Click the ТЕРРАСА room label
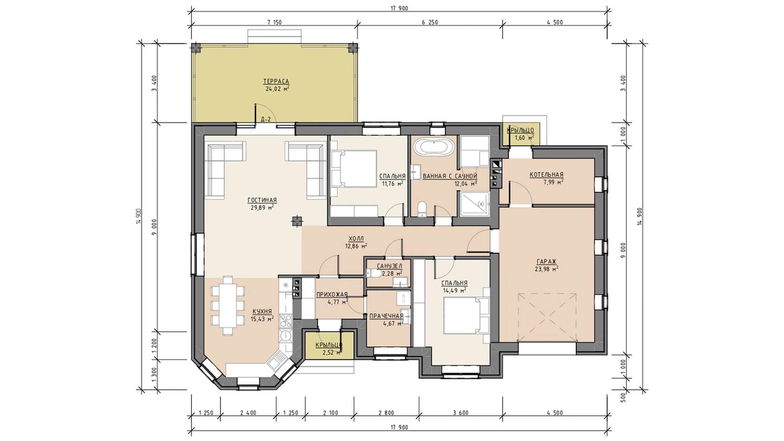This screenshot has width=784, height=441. click(276, 81)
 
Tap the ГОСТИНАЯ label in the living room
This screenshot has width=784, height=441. click(262, 200)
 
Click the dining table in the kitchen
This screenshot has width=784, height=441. click(228, 305)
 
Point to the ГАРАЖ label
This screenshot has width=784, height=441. click(547, 261)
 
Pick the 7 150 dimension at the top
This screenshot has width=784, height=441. click(274, 22)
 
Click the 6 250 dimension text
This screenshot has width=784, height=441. click(430, 22)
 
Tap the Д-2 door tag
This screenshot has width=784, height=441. click(266, 120)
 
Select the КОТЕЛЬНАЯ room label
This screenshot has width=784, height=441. click(546, 175)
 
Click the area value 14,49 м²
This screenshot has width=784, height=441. click(455, 290)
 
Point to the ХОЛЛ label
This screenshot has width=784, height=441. click(356, 239)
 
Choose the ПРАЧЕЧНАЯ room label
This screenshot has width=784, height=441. click(387, 316)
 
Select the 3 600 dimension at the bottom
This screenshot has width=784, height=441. click(461, 413)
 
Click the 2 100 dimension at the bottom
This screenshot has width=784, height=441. click(330, 413)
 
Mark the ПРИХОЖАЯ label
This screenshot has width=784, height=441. click(332, 294)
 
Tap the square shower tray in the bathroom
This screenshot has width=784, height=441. click(475, 204)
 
